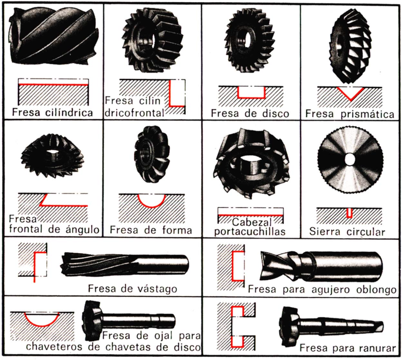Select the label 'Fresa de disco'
pos(250,113)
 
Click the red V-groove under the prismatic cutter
pos(349,93)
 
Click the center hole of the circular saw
pos(350,159)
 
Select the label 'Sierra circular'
pos(347,232)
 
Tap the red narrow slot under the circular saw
pos(349,213)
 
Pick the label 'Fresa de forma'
pos(151,230)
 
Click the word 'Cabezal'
pos(250,222)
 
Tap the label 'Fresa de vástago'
pos(132,288)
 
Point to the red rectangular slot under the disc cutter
pos(251,92)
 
